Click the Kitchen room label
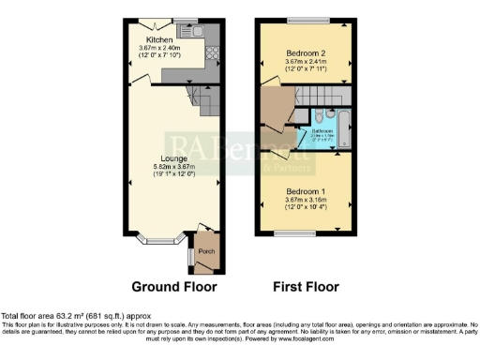click(158, 40)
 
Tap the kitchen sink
click(202, 33)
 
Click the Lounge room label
click(174, 158)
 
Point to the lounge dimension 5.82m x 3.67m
click(174, 168)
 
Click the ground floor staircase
click(199, 97)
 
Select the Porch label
click(204, 251)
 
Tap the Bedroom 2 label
click(305, 53)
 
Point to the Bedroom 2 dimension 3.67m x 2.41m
click(305, 63)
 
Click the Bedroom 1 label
click(305, 190)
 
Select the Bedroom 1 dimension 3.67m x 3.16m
click(305, 200)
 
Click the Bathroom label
click(323, 132)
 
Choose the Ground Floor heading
click(173, 287)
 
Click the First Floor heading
click(305, 287)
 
